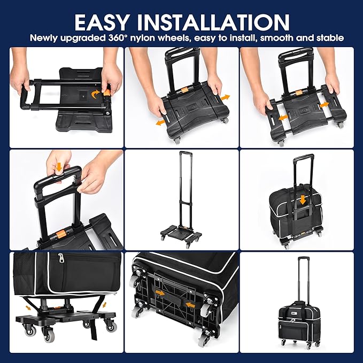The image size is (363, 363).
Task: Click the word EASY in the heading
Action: [x=102, y=22]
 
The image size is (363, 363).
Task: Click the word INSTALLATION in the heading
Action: [x=213, y=22]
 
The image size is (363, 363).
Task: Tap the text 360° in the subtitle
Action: [x=118, y=38]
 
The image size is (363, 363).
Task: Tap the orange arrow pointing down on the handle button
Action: [x=59, y=167]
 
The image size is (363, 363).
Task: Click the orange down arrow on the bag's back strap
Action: [x=303, y=200]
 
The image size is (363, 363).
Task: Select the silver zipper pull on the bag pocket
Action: [x=60, y=258]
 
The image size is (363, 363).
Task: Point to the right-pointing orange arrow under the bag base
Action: [x=160, y=293]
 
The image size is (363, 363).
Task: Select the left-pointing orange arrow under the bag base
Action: [x=191, y=305]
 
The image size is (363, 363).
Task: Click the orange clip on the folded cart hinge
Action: [x=107, y=92]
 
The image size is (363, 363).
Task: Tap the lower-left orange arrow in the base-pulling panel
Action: [x=161, y=122]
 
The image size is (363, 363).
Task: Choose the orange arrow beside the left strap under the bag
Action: [x=28, y=308]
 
